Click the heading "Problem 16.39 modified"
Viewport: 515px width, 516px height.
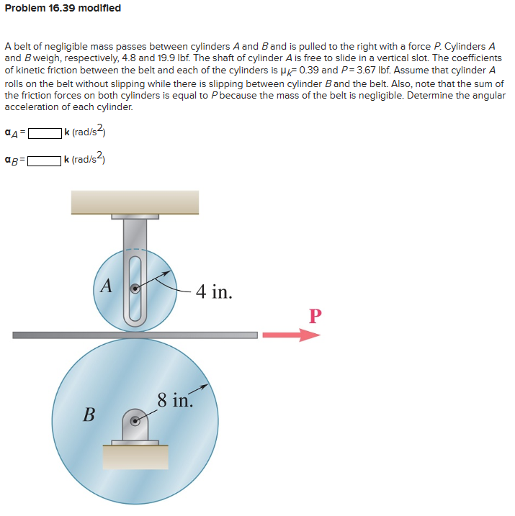pyautogui.click(x=63, y=8)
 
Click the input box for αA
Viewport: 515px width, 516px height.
pyautogui.click(x=43, y=133)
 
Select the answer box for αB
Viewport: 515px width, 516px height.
pyautogui.click(x=43, y=160)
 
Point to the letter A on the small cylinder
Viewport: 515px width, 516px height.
pyautogui.click(x=106, y=286)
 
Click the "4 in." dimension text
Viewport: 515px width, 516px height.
pyautogui.click(x=213, y=291)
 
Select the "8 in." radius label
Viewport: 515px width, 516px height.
pyautogui.click(x=175, y=399)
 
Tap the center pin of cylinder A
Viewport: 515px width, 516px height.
pyautogui.click(x=135, y=289)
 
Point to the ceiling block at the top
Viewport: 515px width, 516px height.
pyautogui.click(x=135, y=202)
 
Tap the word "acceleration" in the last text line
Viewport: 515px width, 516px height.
pyautogui.click(x=33, y=107)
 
